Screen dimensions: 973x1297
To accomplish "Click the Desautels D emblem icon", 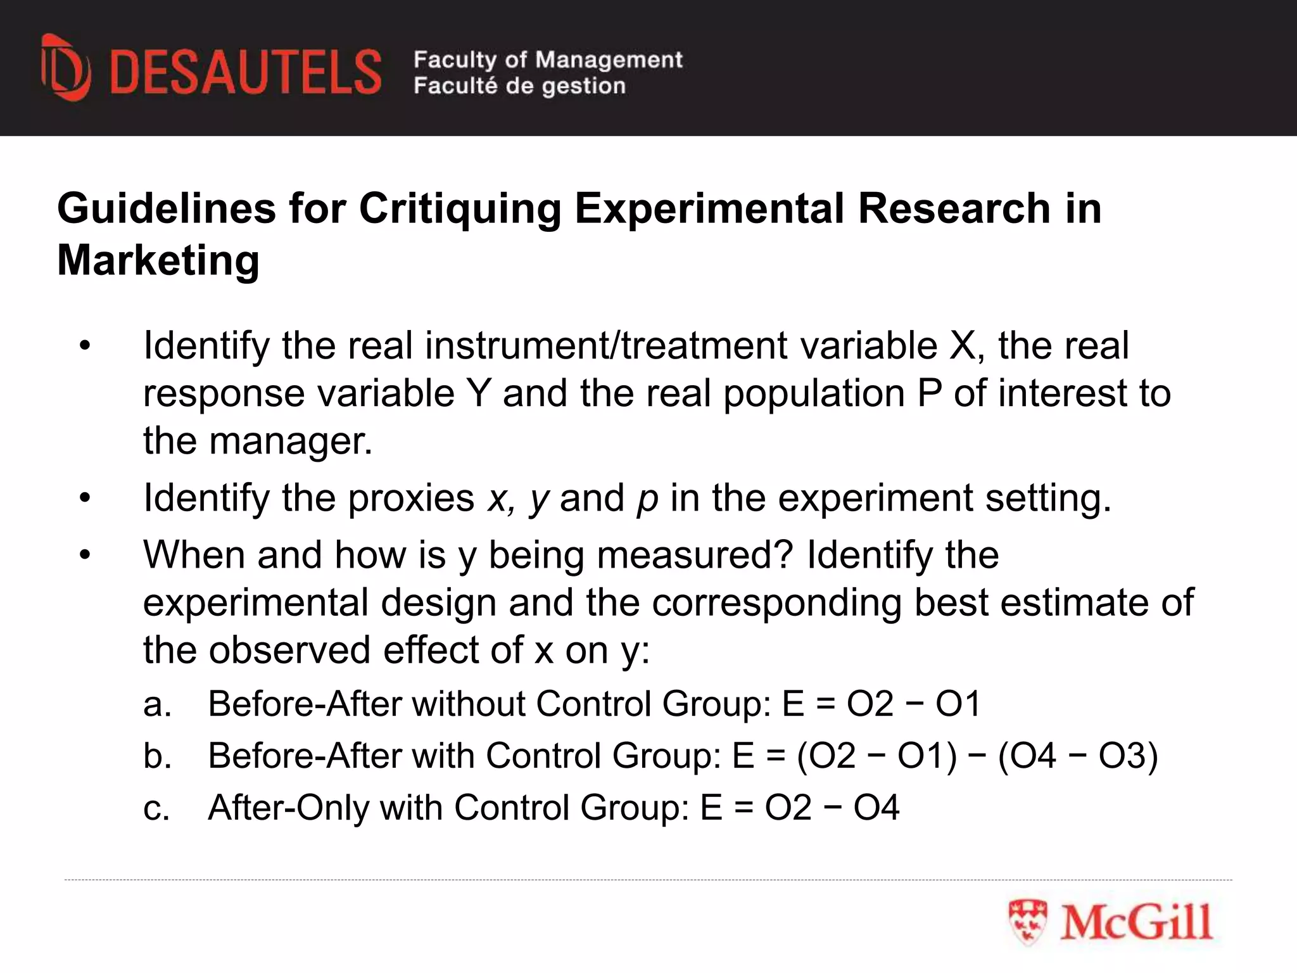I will [x=65, y=68].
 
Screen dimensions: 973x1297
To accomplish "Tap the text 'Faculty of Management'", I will [x=548, y=60].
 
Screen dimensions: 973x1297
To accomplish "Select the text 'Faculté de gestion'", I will [x=519, y=86].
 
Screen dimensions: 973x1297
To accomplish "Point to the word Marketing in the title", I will [x=158, y=260].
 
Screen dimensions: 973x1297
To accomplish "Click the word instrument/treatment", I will [x=606, y=346].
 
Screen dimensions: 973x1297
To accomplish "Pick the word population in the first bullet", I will [x=814, y=393].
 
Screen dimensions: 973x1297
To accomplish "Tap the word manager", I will [x=291, y=441].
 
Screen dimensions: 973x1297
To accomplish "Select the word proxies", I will [x=411, y=498].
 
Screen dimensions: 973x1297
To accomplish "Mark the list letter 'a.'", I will [x=157, y=704].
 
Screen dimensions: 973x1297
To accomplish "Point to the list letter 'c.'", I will [x=156, y=808].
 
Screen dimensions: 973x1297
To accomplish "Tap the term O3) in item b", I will [x=1128, y=756].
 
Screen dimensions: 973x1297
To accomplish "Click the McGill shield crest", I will [x=1028, y=922].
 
